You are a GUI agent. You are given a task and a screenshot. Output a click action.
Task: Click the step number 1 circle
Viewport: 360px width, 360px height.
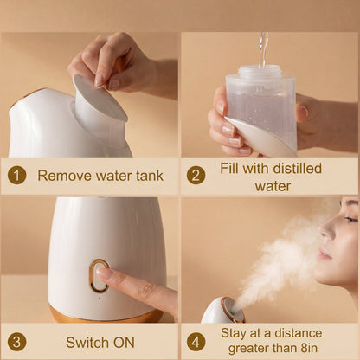coord(17,176)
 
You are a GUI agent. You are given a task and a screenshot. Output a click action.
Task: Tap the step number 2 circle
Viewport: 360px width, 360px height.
coord(196,176)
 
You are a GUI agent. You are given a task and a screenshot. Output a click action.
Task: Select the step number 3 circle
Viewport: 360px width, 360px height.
coord(17,341)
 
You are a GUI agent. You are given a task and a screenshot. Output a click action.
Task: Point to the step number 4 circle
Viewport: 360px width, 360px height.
coord(196,341)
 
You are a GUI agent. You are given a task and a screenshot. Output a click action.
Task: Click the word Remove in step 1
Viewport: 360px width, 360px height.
coord(62,176)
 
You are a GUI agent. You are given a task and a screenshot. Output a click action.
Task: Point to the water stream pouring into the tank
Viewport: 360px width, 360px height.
coord(262,48)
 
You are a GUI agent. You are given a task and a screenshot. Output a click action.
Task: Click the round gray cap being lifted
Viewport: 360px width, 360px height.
coord(98,97)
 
